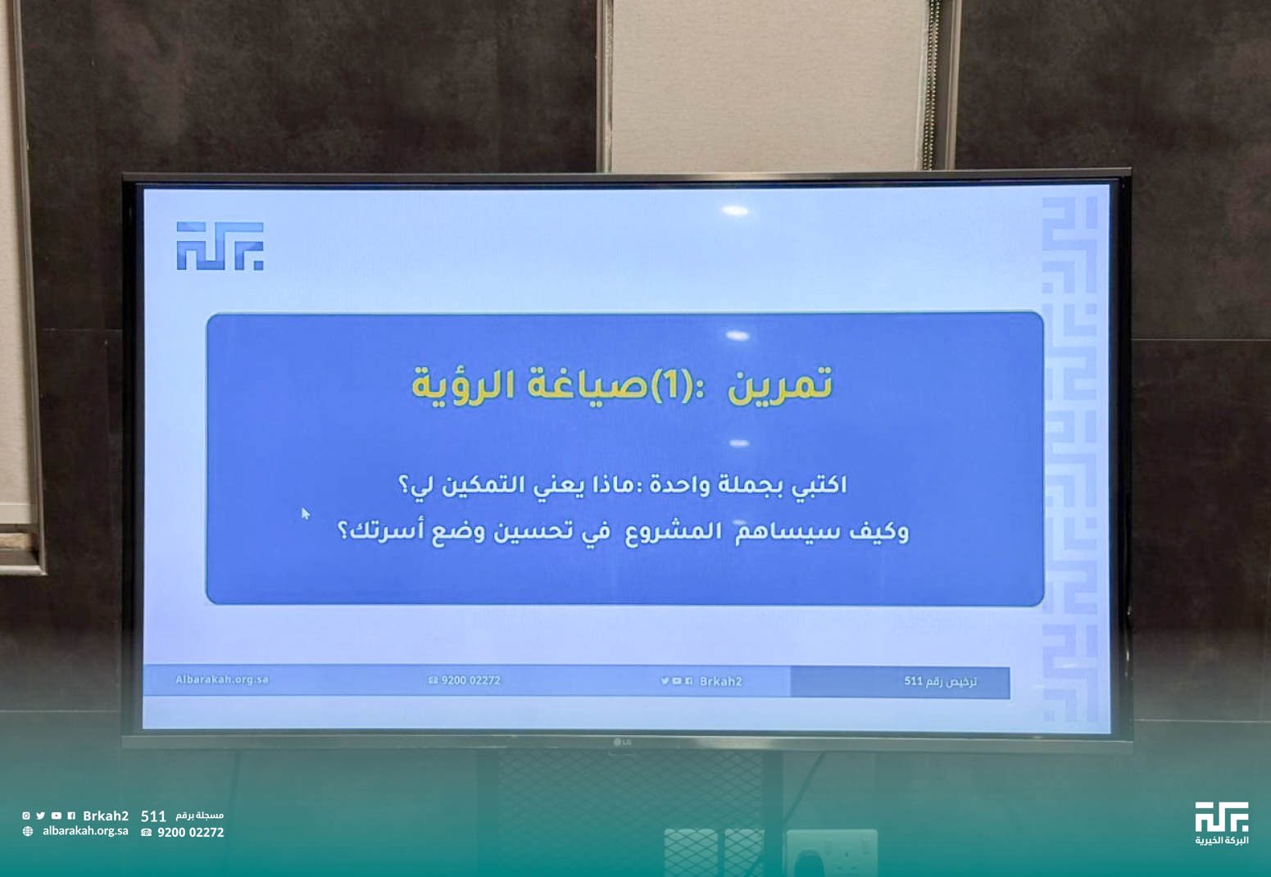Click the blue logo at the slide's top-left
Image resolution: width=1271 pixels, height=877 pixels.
pos(220,246)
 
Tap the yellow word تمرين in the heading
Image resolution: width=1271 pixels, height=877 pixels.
pos(780,385)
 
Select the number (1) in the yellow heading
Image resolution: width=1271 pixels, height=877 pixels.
pos(670,385)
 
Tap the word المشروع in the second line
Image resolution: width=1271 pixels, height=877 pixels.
pos(674,533)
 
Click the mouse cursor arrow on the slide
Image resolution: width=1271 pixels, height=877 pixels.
pos(306,514)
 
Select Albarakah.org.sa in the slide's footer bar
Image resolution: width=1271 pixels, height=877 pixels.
pos(222,679)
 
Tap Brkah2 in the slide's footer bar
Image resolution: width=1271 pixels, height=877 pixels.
pos(720,681)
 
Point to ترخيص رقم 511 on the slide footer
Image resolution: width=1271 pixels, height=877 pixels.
pos(940,681)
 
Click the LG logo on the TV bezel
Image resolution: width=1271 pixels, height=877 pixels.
pos(622,743)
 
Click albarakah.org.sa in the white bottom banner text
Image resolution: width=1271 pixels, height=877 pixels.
pos(85,831)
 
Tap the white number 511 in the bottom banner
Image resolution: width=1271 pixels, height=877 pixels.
pos(153,816)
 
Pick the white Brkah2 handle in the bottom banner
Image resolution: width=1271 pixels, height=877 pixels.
pos(106,816)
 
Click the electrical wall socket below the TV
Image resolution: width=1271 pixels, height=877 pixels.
pos(831,852)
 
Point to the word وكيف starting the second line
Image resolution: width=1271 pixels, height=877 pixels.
pos(879,532)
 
